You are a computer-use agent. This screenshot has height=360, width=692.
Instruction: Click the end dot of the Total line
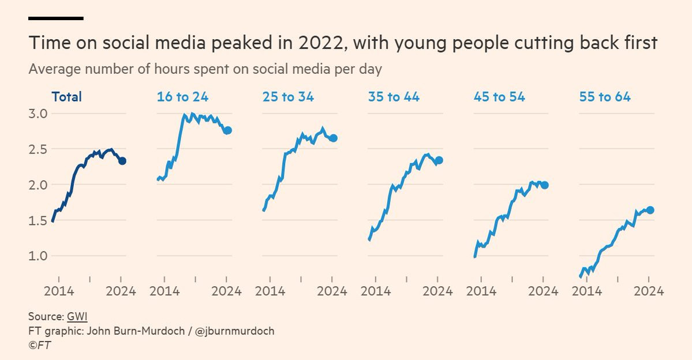(122, 161)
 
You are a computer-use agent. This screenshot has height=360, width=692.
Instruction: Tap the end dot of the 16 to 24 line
(228, 130)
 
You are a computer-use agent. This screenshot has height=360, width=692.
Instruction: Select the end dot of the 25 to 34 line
(333, 138)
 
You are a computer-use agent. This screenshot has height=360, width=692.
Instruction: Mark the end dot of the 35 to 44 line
(439, 160)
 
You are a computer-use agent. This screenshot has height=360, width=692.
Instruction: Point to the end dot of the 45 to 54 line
(545, 185)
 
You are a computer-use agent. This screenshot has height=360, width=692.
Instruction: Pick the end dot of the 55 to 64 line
(650, 210)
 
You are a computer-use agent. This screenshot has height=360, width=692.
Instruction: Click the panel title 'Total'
(66, 96)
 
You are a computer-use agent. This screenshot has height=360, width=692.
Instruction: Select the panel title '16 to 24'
(183, 96)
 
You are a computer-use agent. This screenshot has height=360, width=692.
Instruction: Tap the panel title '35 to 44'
(394, 96)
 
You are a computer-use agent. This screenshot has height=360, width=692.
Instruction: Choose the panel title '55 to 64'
(605, 96)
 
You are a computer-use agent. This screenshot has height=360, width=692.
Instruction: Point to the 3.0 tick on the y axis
(38, 114)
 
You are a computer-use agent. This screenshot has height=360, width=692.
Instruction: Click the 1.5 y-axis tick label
(38, 220)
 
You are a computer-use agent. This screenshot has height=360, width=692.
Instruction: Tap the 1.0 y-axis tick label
(38, 256)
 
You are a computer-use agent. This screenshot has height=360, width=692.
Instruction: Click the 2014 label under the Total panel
(59, 291)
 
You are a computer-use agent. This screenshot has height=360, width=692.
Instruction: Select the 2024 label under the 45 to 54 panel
(543, 291)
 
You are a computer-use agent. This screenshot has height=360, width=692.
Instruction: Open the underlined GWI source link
(77, 317)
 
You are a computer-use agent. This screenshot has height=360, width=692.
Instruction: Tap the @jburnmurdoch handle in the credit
(234, 331)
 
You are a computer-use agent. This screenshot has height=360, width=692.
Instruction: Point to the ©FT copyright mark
(40, 345)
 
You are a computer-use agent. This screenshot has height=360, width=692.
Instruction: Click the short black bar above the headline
(56, 18)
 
